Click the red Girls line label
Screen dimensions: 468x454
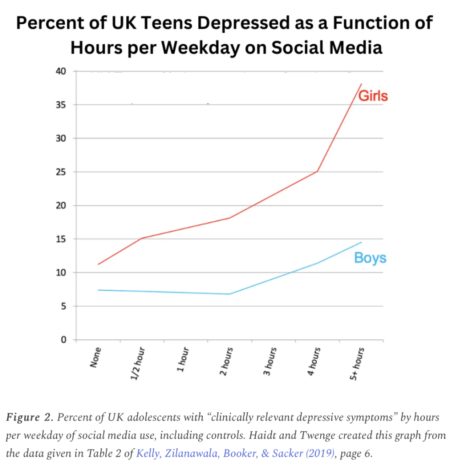(373, 96)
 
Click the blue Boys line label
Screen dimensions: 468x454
(370, 258)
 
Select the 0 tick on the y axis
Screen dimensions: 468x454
(64, 340)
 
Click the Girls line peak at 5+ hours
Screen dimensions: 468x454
(362, 84)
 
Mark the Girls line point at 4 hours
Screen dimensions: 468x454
(318, 171)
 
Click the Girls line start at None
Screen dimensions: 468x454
(98, 264)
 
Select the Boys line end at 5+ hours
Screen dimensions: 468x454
(362, 242)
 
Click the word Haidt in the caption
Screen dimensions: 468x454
(305, 436)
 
